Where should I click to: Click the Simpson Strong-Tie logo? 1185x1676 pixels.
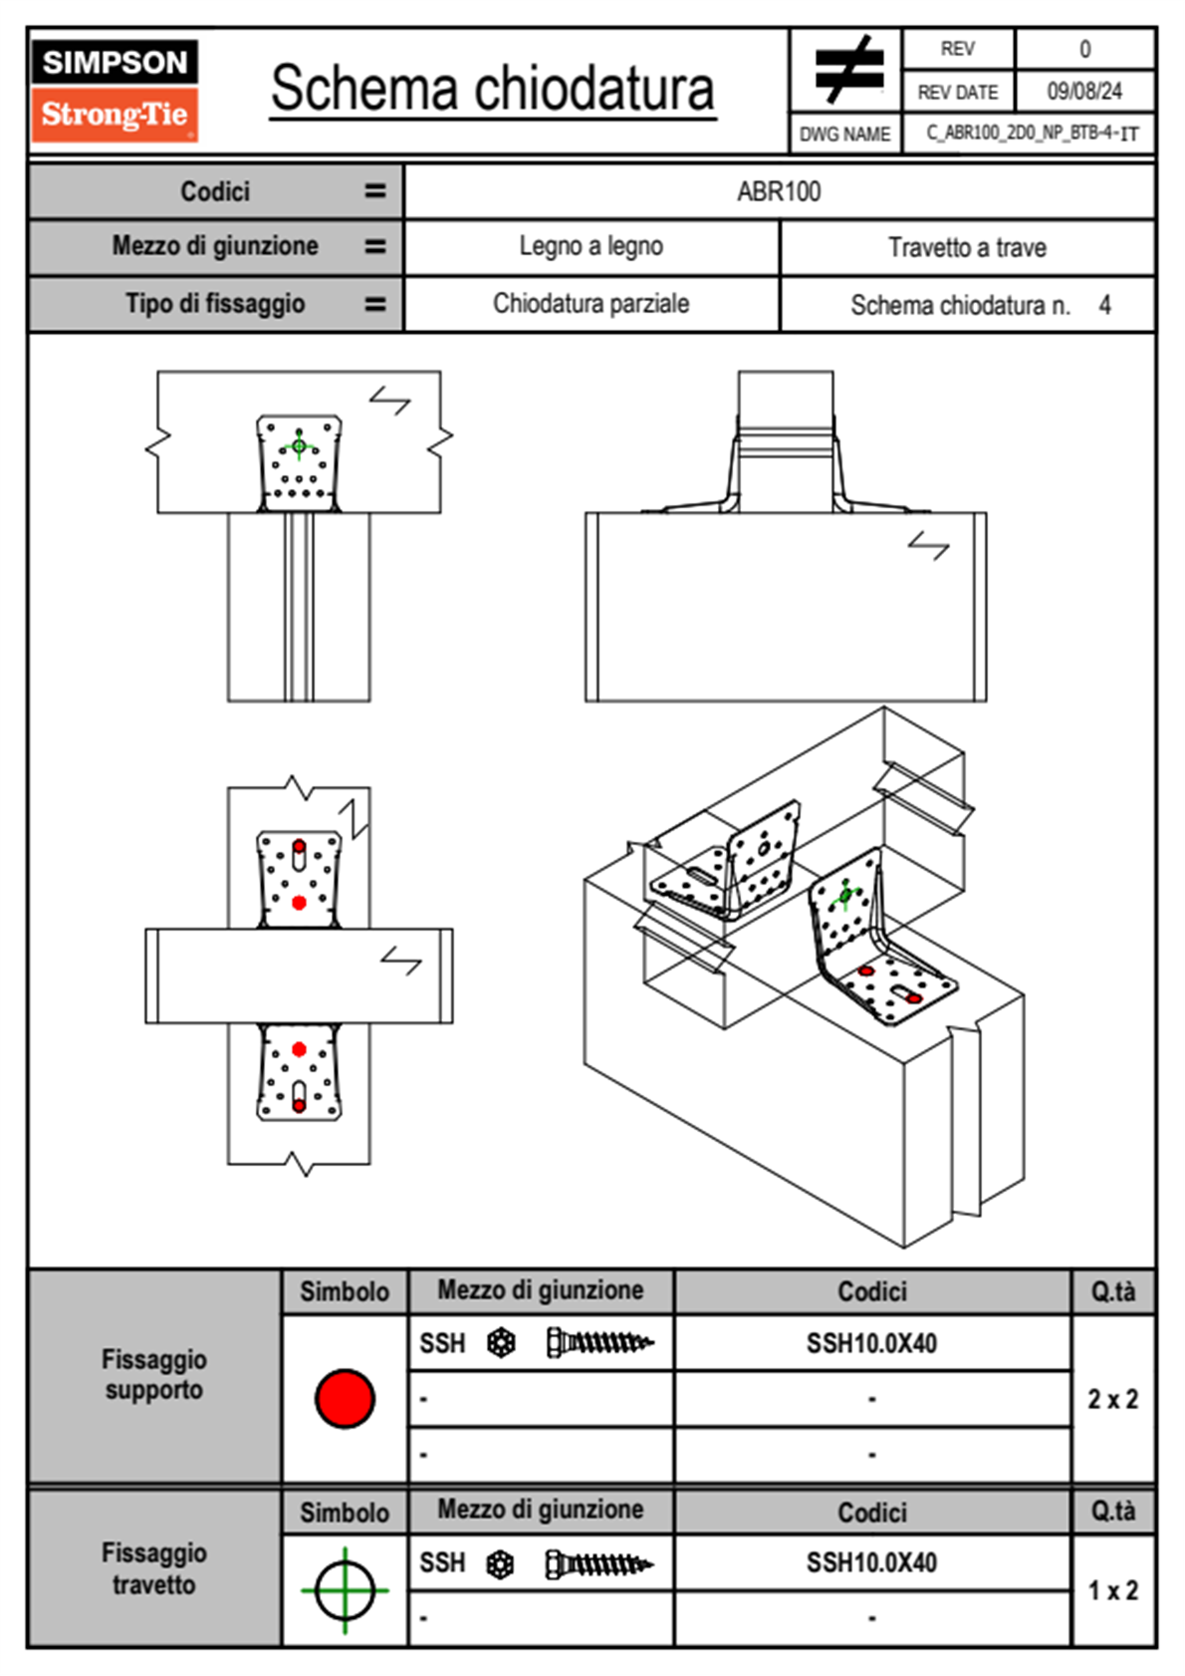pos(114,91)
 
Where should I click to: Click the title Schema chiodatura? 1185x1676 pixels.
pos(493,89)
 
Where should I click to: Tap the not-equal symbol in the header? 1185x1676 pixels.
pos(848,70)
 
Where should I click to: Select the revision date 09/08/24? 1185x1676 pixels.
pos(1083,92)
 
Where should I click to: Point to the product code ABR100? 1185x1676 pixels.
pos(779,191)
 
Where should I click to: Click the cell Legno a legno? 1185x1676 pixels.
pos(591,246)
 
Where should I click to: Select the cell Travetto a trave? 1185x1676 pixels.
pos(967,247)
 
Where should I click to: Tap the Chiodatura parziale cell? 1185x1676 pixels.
pos(591,303)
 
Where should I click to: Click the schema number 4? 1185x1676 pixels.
pos(1104,305)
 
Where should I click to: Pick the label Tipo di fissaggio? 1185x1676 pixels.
pos(215,303)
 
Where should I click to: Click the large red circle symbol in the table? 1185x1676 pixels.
pos(345,1398)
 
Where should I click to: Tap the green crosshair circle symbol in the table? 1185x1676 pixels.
pos(345,1590)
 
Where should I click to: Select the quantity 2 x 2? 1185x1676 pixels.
pos(1112,1399)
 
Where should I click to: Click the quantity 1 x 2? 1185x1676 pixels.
pos(1112,1590)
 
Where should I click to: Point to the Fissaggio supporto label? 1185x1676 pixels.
pos(154,1374)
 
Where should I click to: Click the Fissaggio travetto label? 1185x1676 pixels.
pos(154,1568)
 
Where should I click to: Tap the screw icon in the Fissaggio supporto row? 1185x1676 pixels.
pos(599,1343)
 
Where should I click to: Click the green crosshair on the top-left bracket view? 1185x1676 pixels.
pos(299,445)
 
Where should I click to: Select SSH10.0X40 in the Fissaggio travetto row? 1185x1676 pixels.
pos(871,1562)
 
